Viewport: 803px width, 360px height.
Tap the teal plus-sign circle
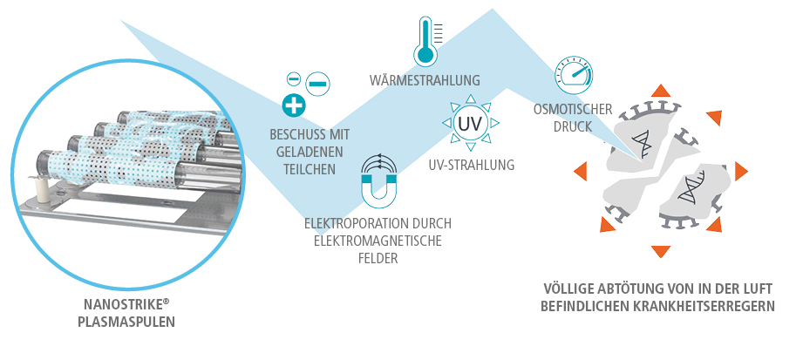[x=295, y=106]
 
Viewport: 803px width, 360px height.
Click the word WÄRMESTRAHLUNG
[x=425, y=81]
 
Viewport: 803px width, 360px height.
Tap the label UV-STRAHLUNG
[x=472, y=164]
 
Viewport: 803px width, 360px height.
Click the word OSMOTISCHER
[x=573, y=110]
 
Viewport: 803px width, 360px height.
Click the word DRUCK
[x=574, y=126]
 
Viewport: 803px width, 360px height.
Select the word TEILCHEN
[x=310, y=168]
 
